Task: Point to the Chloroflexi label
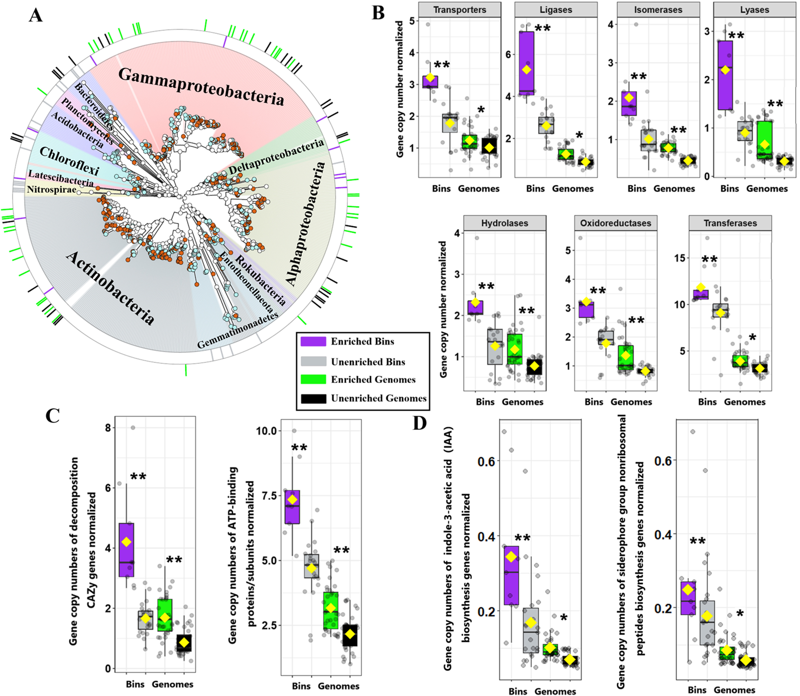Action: coord(69,161)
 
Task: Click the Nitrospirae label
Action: coord(52,190)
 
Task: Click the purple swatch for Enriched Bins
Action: coord(313,341)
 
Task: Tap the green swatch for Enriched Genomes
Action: coord(313,379)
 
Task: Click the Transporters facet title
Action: coord(460,10)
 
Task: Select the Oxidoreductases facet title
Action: coord(615,223)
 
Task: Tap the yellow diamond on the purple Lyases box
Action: coord(725,70)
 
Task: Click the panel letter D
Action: coord(420,423)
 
